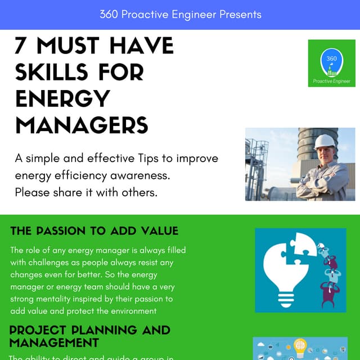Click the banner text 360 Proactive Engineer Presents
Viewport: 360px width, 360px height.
click(x=180, y=15)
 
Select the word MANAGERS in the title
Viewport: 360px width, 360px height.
click(x=82, y=124)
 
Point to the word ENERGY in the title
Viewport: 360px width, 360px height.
click(x=62, y=98)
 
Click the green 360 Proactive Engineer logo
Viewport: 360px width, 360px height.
click(x=331, y=64)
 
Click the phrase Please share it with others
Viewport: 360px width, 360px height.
click(x=85, y=192)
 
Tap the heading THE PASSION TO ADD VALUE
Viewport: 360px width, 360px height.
click(x=94, y=231)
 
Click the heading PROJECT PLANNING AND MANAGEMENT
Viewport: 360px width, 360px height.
click(x=90, y=336)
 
